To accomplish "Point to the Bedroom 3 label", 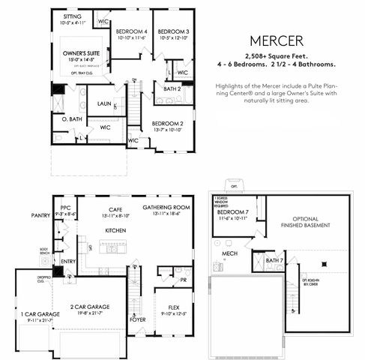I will point(172,31).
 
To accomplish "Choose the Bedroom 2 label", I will point(167,123).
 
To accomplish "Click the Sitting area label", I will point(73,15).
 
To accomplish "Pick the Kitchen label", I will point(115,229).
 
